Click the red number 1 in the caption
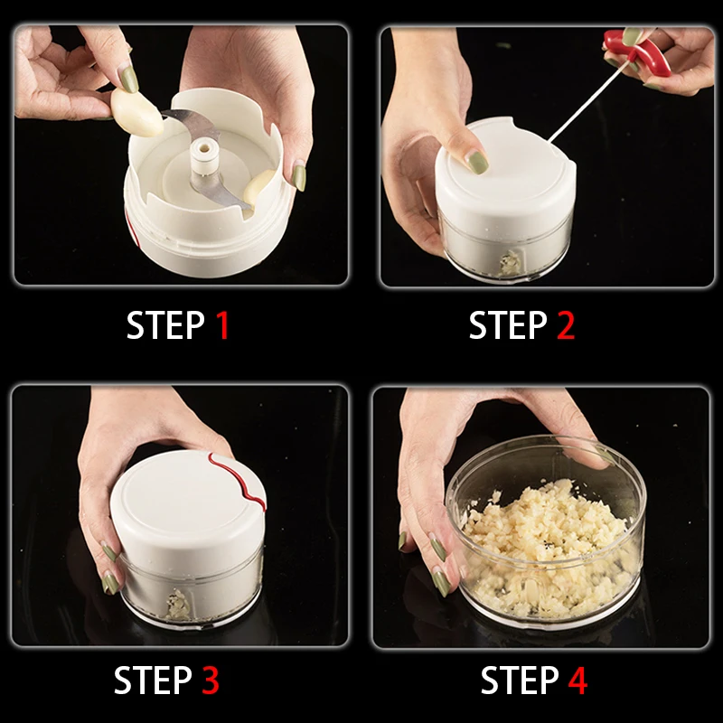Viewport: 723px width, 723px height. (222, 325)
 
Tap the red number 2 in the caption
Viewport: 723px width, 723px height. (566, 325)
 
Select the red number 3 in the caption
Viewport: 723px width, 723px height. (211, 680)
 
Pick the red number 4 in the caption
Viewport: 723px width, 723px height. (577, 680)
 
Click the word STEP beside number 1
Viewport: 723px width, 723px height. (165, 325)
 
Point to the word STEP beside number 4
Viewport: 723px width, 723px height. (520, 680)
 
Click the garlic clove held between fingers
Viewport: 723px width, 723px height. (136, 112)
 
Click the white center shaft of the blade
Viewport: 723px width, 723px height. (203, 156)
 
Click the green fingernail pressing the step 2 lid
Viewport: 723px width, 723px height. (477, 162)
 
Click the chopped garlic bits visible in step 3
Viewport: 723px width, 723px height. (177, 604)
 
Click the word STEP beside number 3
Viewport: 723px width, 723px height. (153, 680)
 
